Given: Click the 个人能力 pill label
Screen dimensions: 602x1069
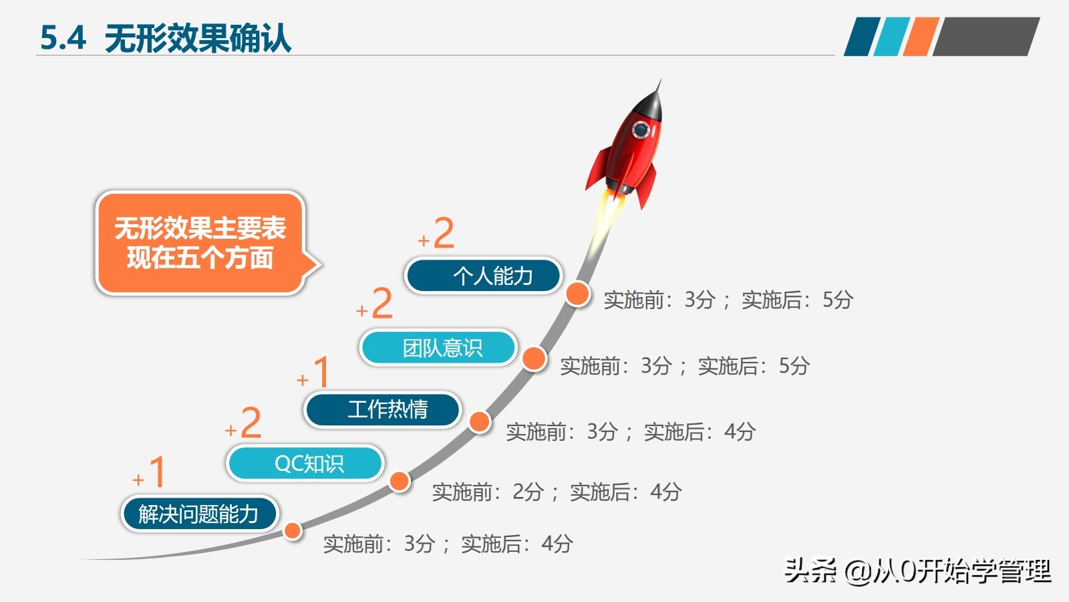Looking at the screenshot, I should point(483,276).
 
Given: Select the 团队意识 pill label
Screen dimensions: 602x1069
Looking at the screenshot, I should point(439,348).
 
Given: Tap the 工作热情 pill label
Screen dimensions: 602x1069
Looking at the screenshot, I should point(383,409).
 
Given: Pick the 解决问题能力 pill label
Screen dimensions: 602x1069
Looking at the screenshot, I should point(199,514).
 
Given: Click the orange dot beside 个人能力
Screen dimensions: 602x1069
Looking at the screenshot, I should point(577,293).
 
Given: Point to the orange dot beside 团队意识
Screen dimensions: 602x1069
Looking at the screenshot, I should point(534,359).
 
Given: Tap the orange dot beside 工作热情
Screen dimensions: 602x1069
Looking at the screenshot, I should point(479,421).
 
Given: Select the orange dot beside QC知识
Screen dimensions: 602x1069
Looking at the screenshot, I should point(400,481).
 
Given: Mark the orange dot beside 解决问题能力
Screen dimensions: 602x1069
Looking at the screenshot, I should point(293,531).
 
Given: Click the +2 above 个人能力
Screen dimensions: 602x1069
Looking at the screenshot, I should point(437,233).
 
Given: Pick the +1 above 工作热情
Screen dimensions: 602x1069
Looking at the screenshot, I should point(315,373).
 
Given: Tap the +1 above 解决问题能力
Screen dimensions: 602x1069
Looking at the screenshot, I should point(150,472).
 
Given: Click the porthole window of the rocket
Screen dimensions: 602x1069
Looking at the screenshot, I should point(641,129).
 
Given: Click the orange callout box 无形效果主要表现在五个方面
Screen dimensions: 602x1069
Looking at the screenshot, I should point(200,243).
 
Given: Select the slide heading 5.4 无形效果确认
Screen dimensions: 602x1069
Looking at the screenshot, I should point(166,37).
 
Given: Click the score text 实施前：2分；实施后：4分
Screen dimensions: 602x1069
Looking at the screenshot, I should point(556,492).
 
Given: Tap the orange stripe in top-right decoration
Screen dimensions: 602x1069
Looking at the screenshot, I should point(920,36).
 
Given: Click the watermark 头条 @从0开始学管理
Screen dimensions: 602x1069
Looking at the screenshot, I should point(917,571).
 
